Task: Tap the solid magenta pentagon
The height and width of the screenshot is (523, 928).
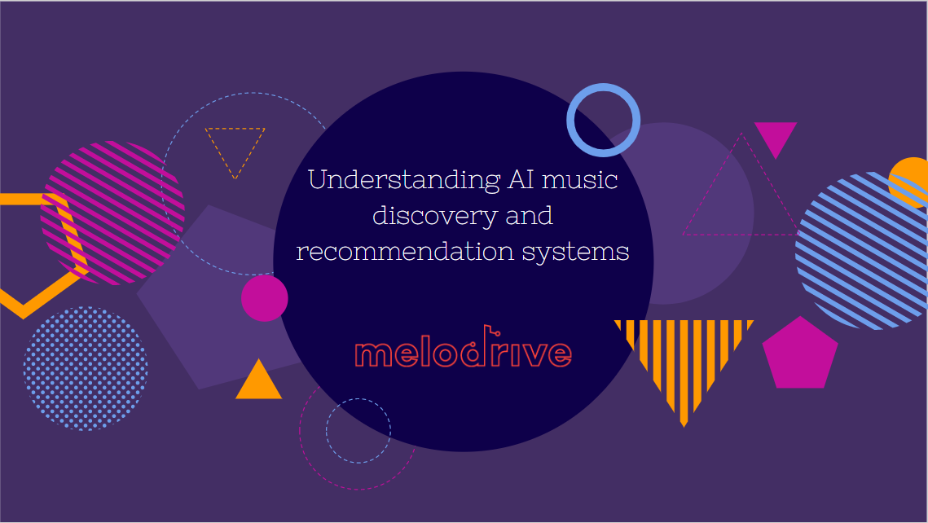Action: tap(799, 354)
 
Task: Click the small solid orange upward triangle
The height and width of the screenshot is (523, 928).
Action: tap(258, 382)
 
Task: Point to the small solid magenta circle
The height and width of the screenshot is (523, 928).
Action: tap(265, 297)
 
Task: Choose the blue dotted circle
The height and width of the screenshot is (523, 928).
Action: tap(86, 368)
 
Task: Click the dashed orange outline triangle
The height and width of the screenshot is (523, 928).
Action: tap(235, 147)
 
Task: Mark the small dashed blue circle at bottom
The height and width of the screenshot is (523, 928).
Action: tap(358, 430)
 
